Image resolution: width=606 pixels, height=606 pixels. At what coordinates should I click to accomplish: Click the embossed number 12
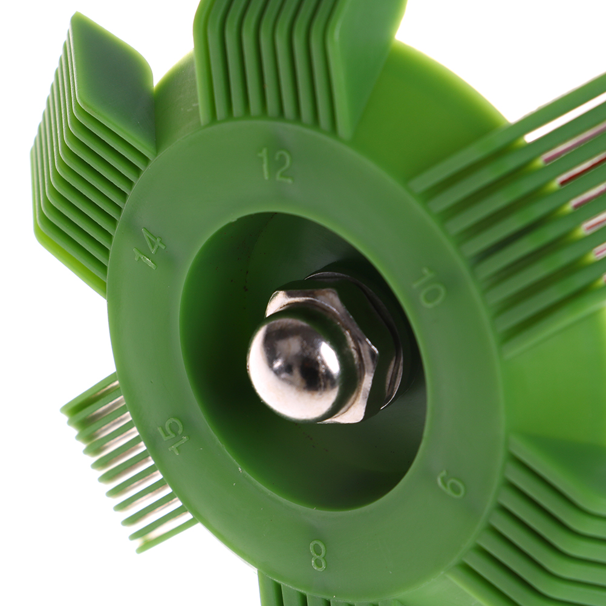coord(276,165)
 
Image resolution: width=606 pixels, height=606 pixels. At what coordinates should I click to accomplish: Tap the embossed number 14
coord(150,248)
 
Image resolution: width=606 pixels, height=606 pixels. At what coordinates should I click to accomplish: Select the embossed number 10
coord(429,287)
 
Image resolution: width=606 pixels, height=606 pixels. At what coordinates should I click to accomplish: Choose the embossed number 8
coord(318,555)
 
